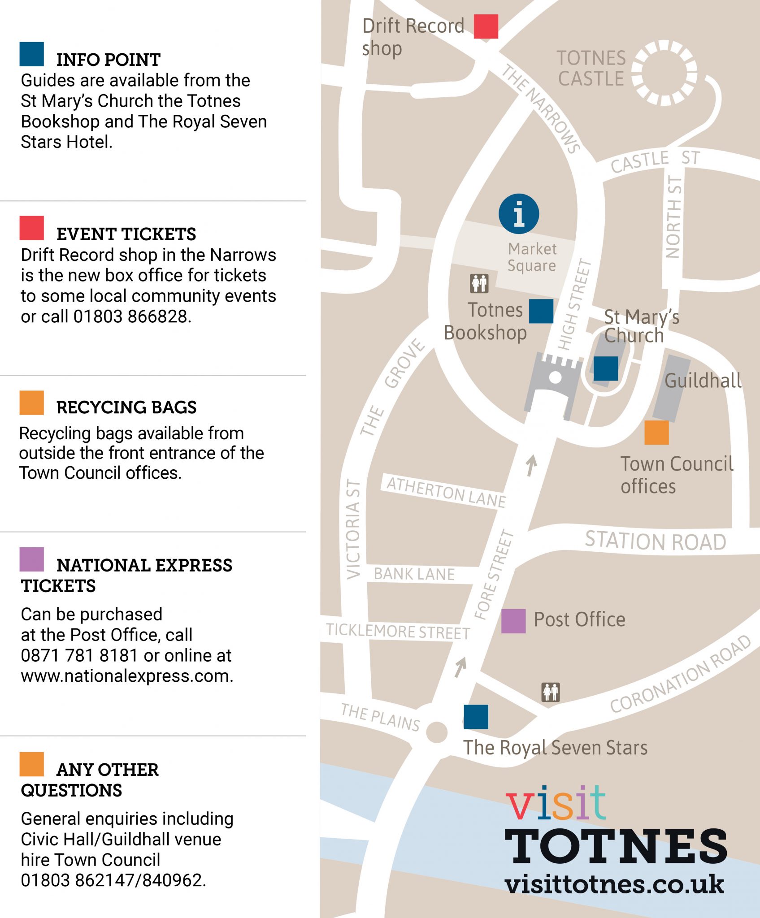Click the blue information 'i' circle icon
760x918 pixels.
pos(519,214)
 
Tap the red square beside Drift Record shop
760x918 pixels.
pos(486,26)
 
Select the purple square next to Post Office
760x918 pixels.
pos(513,621)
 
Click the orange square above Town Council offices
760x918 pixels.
pos(656,433)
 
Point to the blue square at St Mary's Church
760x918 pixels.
pos(606,368)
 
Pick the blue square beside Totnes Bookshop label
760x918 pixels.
pos(541,311)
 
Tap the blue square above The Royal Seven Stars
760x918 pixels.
pos(476,717)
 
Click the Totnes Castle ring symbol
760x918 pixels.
pos(664,73)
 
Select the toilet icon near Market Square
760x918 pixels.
pos(479,283)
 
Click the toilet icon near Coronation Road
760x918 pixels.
pos(551,692)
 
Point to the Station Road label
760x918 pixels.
pos(655,541)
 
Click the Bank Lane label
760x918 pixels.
pos(414,574)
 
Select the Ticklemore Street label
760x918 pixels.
pos(398,631)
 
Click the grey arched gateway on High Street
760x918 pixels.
pos(554,381)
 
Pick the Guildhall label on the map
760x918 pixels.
pos(703,381)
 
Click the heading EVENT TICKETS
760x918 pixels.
pos(126,234)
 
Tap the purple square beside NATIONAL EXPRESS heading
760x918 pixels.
pos(32,559)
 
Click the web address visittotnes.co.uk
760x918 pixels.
pos(614,884)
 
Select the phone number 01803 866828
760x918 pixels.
pos(132,316)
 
